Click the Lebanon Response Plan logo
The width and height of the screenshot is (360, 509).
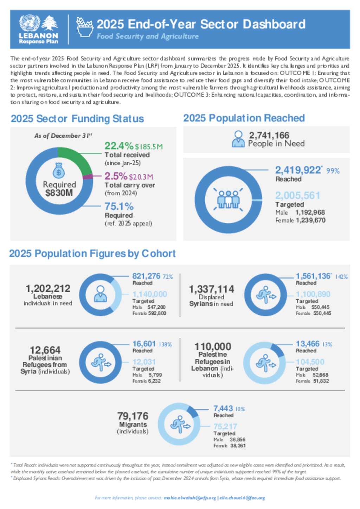tap(38, 30)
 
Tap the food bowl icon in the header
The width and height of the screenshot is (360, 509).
tap(84, 27)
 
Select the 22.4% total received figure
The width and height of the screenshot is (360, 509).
tap(119, 146)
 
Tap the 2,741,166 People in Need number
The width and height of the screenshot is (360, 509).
tap(269, 135)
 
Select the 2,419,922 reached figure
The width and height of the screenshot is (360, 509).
tap(298, 170)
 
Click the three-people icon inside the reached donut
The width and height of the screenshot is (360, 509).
tap(228, 199)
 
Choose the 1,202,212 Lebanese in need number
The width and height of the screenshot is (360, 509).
tap(48, 288)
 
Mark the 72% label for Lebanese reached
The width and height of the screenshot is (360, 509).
tap(168, 277)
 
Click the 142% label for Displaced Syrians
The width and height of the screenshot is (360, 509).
tap(341, 277)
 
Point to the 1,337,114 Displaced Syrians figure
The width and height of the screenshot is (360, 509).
tap(211, 289)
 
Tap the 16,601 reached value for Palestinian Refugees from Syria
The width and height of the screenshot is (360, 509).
tap(144, 344)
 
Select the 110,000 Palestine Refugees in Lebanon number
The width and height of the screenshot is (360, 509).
tap(213, 347)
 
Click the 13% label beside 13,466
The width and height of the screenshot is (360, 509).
tap(327, 344)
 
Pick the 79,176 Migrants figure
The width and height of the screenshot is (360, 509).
tap(133, 416)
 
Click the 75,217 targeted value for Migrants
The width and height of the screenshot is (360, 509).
tap(225, 426)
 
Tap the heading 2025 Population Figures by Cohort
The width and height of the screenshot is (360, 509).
tap(92, 254)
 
